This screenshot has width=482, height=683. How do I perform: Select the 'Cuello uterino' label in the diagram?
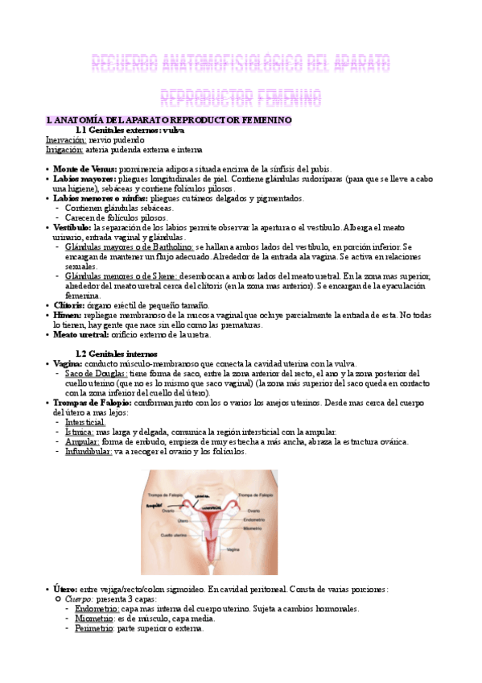tap(174, 534)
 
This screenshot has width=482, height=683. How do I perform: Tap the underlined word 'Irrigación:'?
tap(64, 149)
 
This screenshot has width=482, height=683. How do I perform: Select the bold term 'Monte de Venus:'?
tap(85, 168)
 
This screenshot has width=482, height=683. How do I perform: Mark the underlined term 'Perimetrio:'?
tap(88, 628)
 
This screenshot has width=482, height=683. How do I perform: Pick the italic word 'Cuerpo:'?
tap(79, 599)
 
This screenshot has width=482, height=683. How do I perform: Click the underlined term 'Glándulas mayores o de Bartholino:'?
tap(130, 246)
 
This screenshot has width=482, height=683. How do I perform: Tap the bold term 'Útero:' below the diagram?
tap(67, 589)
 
